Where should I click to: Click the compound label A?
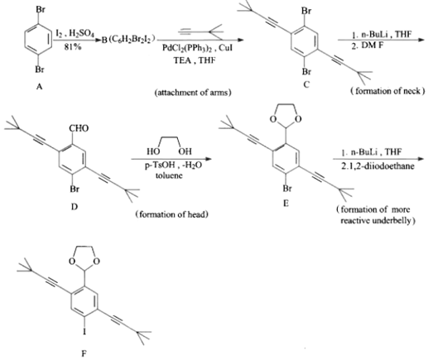[39, 87]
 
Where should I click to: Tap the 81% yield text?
[73, 47]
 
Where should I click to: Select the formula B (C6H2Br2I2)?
[128, 40]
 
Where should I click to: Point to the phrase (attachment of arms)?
[193, 93]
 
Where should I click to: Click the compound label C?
[306, 84]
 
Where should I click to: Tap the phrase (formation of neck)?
[387, 91]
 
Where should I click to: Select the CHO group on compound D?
[79, 128]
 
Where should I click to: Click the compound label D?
[75, 206]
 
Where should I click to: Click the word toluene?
[169, 175]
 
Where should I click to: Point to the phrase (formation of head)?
[171, 214]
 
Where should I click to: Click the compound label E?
[286, 204]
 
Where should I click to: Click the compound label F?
[84, 353]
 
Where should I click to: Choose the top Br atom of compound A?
[41, 10]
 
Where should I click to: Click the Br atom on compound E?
[287, 189]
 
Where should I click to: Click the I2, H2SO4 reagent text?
[75, 34]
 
